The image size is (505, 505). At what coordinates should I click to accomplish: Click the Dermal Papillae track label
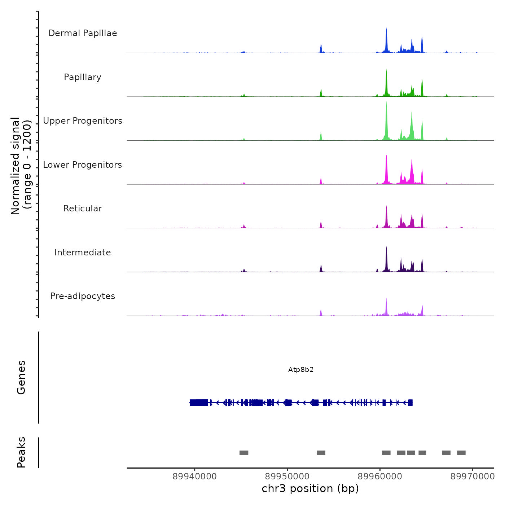[x=83, y=33]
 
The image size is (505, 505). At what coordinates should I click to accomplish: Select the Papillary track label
[x=83, y=77]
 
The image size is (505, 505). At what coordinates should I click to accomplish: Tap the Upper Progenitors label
[x=83, y=121]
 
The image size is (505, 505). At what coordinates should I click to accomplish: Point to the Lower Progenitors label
[x=83, y=165]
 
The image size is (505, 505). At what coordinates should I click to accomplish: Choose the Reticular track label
[x=83, y=208]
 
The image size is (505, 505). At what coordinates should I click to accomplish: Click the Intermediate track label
[x=83, y=252]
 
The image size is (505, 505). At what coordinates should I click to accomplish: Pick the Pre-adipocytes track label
[x=83, y=296]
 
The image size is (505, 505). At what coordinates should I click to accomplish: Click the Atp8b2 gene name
[x=301, y=370]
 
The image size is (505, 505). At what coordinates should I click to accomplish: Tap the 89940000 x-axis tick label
[x=195, y=477]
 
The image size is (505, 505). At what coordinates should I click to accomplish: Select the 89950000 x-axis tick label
[x=287, y=477]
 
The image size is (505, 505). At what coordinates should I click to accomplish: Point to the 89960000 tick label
[x=380, y=477]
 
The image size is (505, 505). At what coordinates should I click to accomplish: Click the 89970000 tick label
[x=473, y=477]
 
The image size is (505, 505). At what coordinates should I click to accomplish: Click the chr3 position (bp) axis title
[x=310, y=488]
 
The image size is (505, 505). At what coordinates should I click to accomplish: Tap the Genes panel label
[x=21, y=377]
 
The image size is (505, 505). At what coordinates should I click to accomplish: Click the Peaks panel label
[x=21, y=452]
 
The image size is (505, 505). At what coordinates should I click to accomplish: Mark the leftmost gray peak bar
[x=244, y=453]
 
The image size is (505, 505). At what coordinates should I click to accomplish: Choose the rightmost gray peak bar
[x=461, y=453]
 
